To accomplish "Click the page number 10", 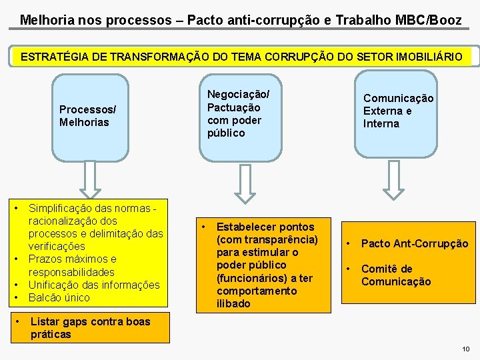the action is [465, 349].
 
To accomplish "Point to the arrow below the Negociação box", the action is [245, 182].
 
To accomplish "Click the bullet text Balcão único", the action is [59, 297].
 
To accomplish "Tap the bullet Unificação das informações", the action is [94, 285].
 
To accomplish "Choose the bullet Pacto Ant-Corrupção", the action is [414, 244].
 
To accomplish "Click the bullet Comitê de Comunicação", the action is [396, 275].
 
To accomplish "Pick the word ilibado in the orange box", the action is [233, 303].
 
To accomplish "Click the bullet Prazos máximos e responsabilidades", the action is [71, 265].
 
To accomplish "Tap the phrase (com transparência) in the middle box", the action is [267, 239].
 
